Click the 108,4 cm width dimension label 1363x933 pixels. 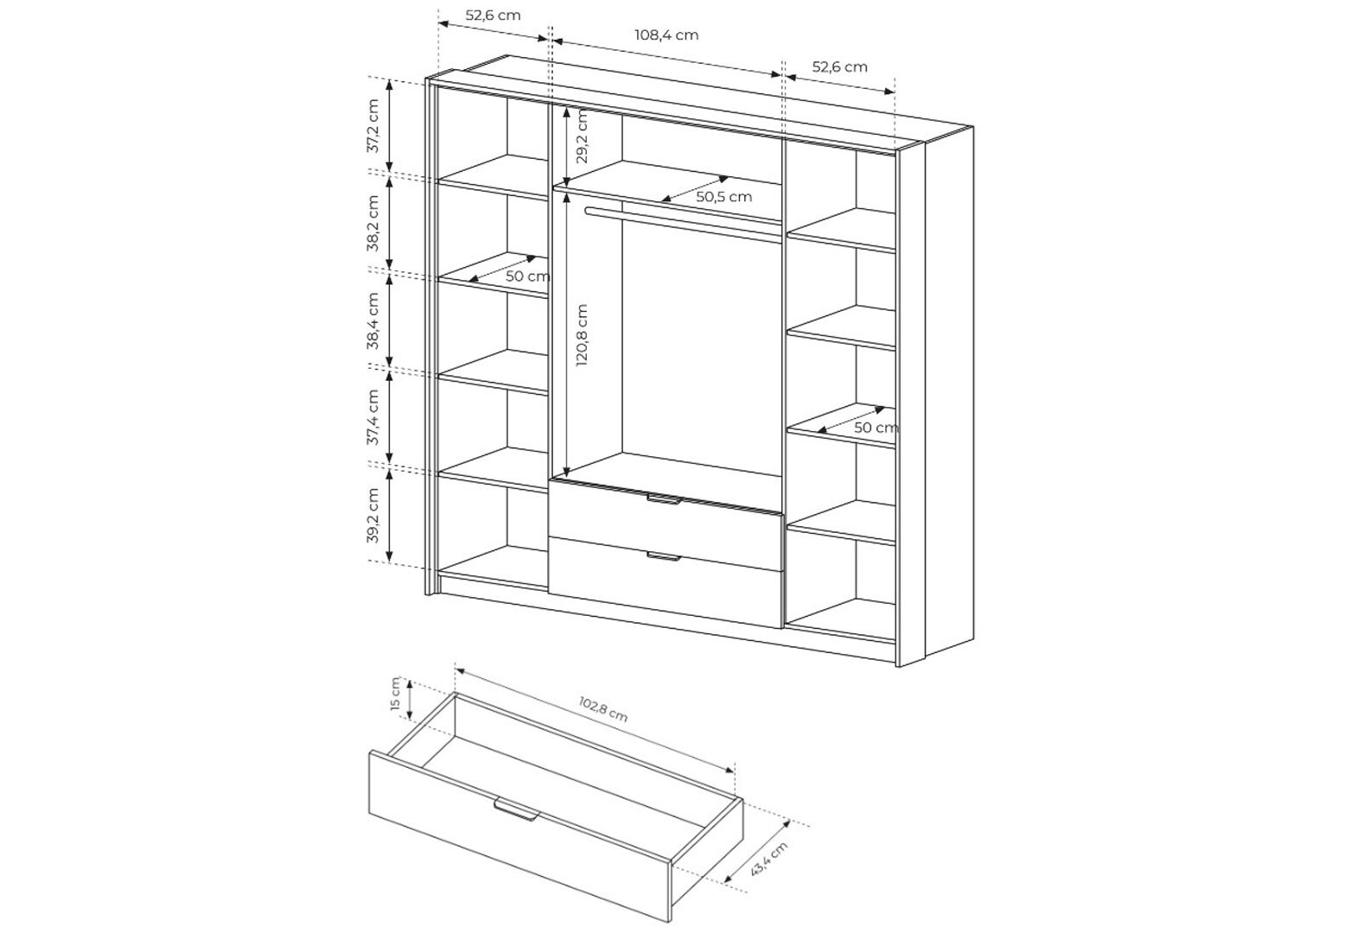click(666, 35)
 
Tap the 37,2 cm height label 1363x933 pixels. click(373, 126)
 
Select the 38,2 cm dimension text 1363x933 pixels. click(373, 223)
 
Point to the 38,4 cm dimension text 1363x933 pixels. click(373, 321)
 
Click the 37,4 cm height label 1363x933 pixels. click(373, 417)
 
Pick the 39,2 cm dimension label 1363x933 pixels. click(373, 515)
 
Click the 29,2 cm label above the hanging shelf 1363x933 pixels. click(583, 136)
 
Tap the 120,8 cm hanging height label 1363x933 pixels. click(583, 334)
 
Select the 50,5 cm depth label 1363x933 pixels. click(724, 197)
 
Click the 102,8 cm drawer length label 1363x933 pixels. click(603, 709)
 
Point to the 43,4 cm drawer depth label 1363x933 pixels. click(769, 858)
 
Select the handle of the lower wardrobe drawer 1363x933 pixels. click(663, 556)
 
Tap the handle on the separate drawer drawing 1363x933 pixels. click(516, 809)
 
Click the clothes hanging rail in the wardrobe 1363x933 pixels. click(684, 223)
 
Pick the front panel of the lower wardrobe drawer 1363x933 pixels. click(666, 582)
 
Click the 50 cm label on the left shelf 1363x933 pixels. click(527, 276)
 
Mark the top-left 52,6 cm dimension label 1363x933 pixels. click(493, 16)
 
